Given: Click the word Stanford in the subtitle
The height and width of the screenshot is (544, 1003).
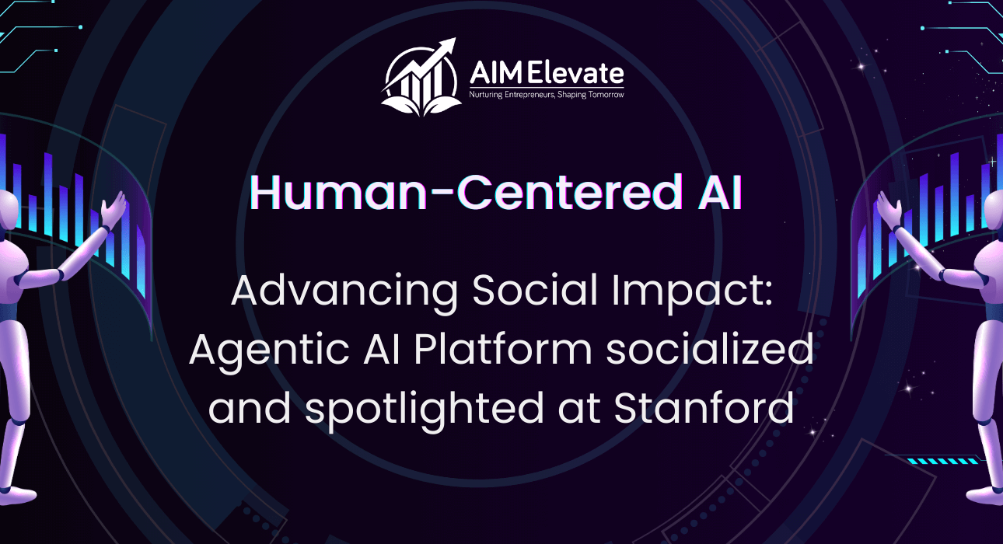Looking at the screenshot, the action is (704, 407).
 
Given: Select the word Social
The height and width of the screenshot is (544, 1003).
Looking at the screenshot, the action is (535, 290).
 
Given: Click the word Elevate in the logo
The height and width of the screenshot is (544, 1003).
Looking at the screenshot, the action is (575, 73).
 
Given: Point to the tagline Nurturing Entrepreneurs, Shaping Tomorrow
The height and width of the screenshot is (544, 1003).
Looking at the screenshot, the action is (547, 95).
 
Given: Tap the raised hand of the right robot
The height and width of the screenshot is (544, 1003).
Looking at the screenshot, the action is (889, 209).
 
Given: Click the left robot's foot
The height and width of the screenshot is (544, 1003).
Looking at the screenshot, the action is (17, 495).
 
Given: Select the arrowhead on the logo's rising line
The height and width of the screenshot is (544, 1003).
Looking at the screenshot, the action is (449, 46).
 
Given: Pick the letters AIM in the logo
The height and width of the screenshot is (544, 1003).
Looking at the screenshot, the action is (496, 73).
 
